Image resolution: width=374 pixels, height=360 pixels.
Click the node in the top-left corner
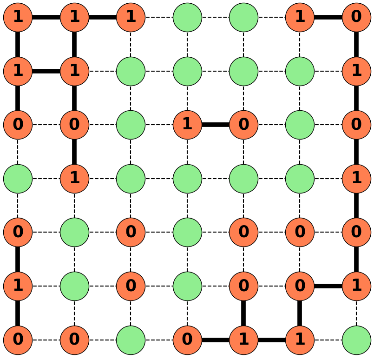pyautogui.click(x=18, y=17)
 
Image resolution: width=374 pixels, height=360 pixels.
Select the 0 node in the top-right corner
pyautogui.click(x=356, y=17)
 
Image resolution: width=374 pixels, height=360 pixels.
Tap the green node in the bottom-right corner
pyautogui.click(x=356, y=340)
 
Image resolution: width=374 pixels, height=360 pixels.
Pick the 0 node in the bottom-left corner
pyautogui.click(x=18, y=340)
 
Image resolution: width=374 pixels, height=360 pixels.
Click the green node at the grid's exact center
pyautogui.click(x=187, y=179)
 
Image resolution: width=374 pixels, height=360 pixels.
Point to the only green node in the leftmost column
pyautogui.click(x=18, y=179)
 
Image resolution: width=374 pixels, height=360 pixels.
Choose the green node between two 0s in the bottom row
pyautogui.click(x=131, y=340)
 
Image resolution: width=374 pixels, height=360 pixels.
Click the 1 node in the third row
pyautogui.click(x=187, y=125)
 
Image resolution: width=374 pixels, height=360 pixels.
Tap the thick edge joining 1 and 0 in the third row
pyautogui.click(x=216, y=125)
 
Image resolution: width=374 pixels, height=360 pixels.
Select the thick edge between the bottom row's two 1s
pyautogui.click(x=272, y=340)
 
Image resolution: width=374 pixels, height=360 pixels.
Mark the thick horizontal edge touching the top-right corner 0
pyautogui.click(x=328, y=17)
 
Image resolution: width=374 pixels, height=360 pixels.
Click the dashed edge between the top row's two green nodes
pyautogui.click(x=216, y=17)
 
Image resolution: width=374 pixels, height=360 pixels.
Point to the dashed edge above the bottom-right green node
pyautogui.click(x=356, y=313)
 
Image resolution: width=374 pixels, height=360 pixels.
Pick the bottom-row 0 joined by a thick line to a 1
pyautogui.click(x=187, y=340)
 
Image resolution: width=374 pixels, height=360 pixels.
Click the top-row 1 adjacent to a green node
pyautogui.click(x=131, y=17)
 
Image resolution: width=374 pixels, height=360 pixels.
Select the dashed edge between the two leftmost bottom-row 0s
pyautogui.click(x=46, y=340)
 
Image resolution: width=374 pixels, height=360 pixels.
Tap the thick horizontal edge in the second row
pyautogui.click(x=46, y=71)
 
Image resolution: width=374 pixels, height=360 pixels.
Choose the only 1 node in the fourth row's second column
pyautogui.click(x=74, y=179)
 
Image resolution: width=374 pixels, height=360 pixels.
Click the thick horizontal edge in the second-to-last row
pyautogui.click(x=328, y=286)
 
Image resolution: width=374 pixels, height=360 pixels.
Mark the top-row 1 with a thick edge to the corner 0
pyautogui.click(x=300, y=17)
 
